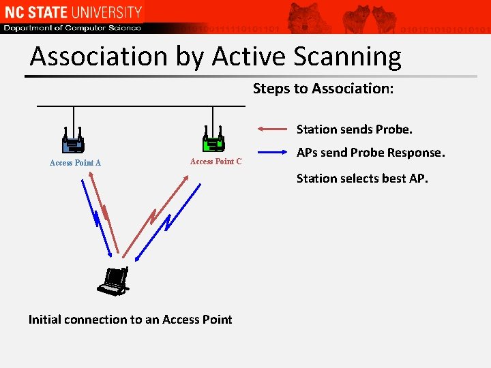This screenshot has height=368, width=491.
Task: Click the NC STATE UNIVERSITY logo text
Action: click(x=72, y=12)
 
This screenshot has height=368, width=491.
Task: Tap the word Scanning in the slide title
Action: click(x=344, y=57)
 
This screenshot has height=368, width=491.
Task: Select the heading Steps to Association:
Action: click(x=323, y=89)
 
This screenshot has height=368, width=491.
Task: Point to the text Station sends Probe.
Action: click(x=355, y=129)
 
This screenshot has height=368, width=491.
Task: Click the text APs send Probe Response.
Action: click(x=370, y=153)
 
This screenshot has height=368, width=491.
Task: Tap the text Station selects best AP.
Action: click(x=362, y=179)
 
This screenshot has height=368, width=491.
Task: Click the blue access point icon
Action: click(x=73, y=141)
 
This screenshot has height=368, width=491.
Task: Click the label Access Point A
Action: click(x=75, y=163)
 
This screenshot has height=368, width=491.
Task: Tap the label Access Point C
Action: click(x=215, y=162)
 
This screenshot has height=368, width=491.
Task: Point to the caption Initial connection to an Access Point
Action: click(x=130, y=320)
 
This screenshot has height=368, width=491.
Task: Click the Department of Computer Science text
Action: click(x=72, y=28)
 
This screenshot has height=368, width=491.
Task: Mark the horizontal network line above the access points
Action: click(x=140, y=106)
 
